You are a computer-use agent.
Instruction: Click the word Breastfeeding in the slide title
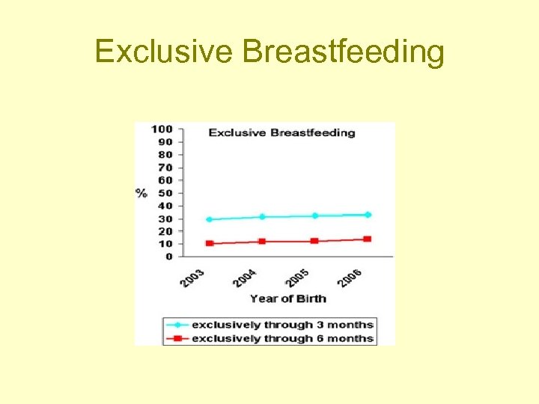click(x=343, y=52)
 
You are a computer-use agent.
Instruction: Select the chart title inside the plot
click(x=281, y=133)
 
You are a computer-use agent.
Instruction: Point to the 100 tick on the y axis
click(x=162, y=129)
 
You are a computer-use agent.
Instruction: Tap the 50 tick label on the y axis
click(x=165, y=193)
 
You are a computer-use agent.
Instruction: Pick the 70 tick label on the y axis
click(x=165, y=168)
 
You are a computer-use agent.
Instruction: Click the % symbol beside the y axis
click(x=141, y=193)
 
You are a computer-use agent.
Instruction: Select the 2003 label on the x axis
click(x=192, y=278)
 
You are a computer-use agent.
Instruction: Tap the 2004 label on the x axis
click(x=246, y=278)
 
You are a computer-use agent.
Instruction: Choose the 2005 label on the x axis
click(x=298, y=278)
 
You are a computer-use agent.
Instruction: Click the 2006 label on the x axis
click(x=350, y=278)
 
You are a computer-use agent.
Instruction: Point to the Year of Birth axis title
click(x=287, y=299)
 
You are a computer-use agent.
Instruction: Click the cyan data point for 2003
click(x=210, y=219)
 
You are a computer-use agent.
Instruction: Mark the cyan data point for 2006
click(x=367, y=215)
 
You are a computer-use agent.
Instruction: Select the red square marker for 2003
click(x=210, y=243)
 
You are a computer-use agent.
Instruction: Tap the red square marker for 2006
click(x=367, y=239)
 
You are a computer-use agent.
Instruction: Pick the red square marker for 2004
click(x=262, y=241)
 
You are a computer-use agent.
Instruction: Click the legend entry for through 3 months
click(x=281, y=325)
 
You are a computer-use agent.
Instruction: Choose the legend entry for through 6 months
click(x=281, y=338)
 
